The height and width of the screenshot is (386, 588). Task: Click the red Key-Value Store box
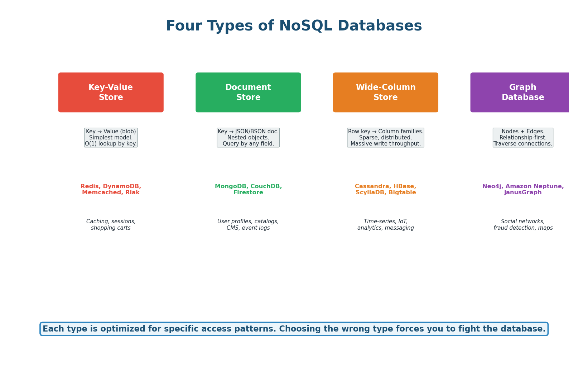[111, 92]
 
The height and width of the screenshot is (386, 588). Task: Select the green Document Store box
[248, 92]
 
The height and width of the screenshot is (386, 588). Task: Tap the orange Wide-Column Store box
[385, 92]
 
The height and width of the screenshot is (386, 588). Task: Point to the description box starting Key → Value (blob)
[111, 138]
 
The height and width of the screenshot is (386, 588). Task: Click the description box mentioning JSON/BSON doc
[248, 138]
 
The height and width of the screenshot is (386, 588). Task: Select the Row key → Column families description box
[385, 138]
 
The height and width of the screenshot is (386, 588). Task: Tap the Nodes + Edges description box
[523, 138]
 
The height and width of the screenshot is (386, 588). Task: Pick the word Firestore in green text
[248, 192]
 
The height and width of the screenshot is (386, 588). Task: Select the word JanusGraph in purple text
[523, 192]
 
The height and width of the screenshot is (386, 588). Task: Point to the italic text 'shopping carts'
[111, 228]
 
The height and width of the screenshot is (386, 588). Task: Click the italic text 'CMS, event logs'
[248, 228]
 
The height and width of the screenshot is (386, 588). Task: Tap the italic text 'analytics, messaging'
[385, 228]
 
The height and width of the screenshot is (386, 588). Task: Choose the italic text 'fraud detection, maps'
[523, 228]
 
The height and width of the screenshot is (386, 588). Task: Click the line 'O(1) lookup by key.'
[111, 144]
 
